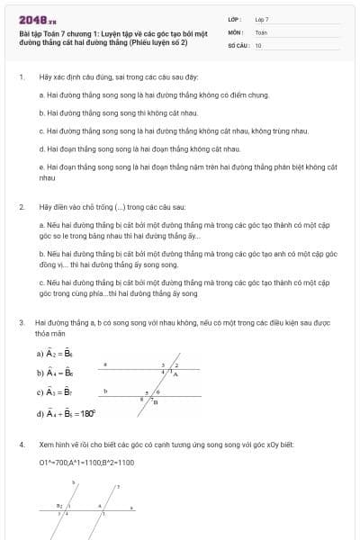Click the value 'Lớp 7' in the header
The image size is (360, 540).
coord(262,18)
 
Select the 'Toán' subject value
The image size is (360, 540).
coord(261,31)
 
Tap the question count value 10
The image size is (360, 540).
coord(258,44)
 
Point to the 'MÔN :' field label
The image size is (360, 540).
coord(234,31)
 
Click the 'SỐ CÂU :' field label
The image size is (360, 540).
coord(238,44)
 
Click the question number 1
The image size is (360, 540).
coord(21,77)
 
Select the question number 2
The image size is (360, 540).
coord(21,206)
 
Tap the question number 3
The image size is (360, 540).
coord(21,321)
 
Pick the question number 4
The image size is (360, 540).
coord(21,445)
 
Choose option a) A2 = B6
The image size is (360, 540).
coord(54,354)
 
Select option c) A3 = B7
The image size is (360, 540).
coord(54,392)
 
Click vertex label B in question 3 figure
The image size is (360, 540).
coord(154,402)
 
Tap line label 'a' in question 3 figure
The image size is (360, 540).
coord(105,364)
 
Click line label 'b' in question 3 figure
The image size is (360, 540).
coord(105,391)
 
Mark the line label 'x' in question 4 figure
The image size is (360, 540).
coord(131,509)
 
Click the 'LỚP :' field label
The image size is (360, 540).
coord(234,18)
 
